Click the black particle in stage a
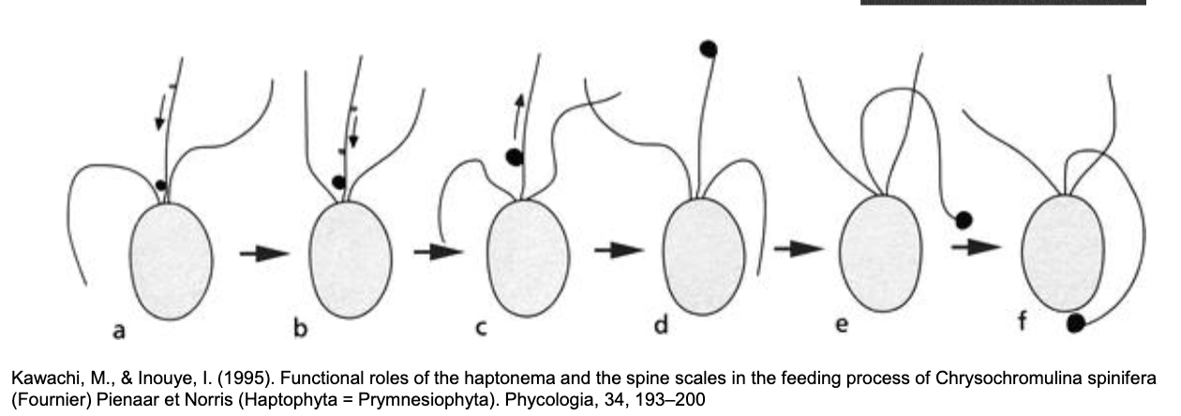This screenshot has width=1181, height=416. click(160, 186)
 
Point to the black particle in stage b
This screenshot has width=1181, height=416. click(338, 182)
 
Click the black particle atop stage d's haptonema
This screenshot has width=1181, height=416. click(709, 47)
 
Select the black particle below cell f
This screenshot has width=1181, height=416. click(1077, 323)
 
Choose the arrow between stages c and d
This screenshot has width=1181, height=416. click(619, 250)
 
